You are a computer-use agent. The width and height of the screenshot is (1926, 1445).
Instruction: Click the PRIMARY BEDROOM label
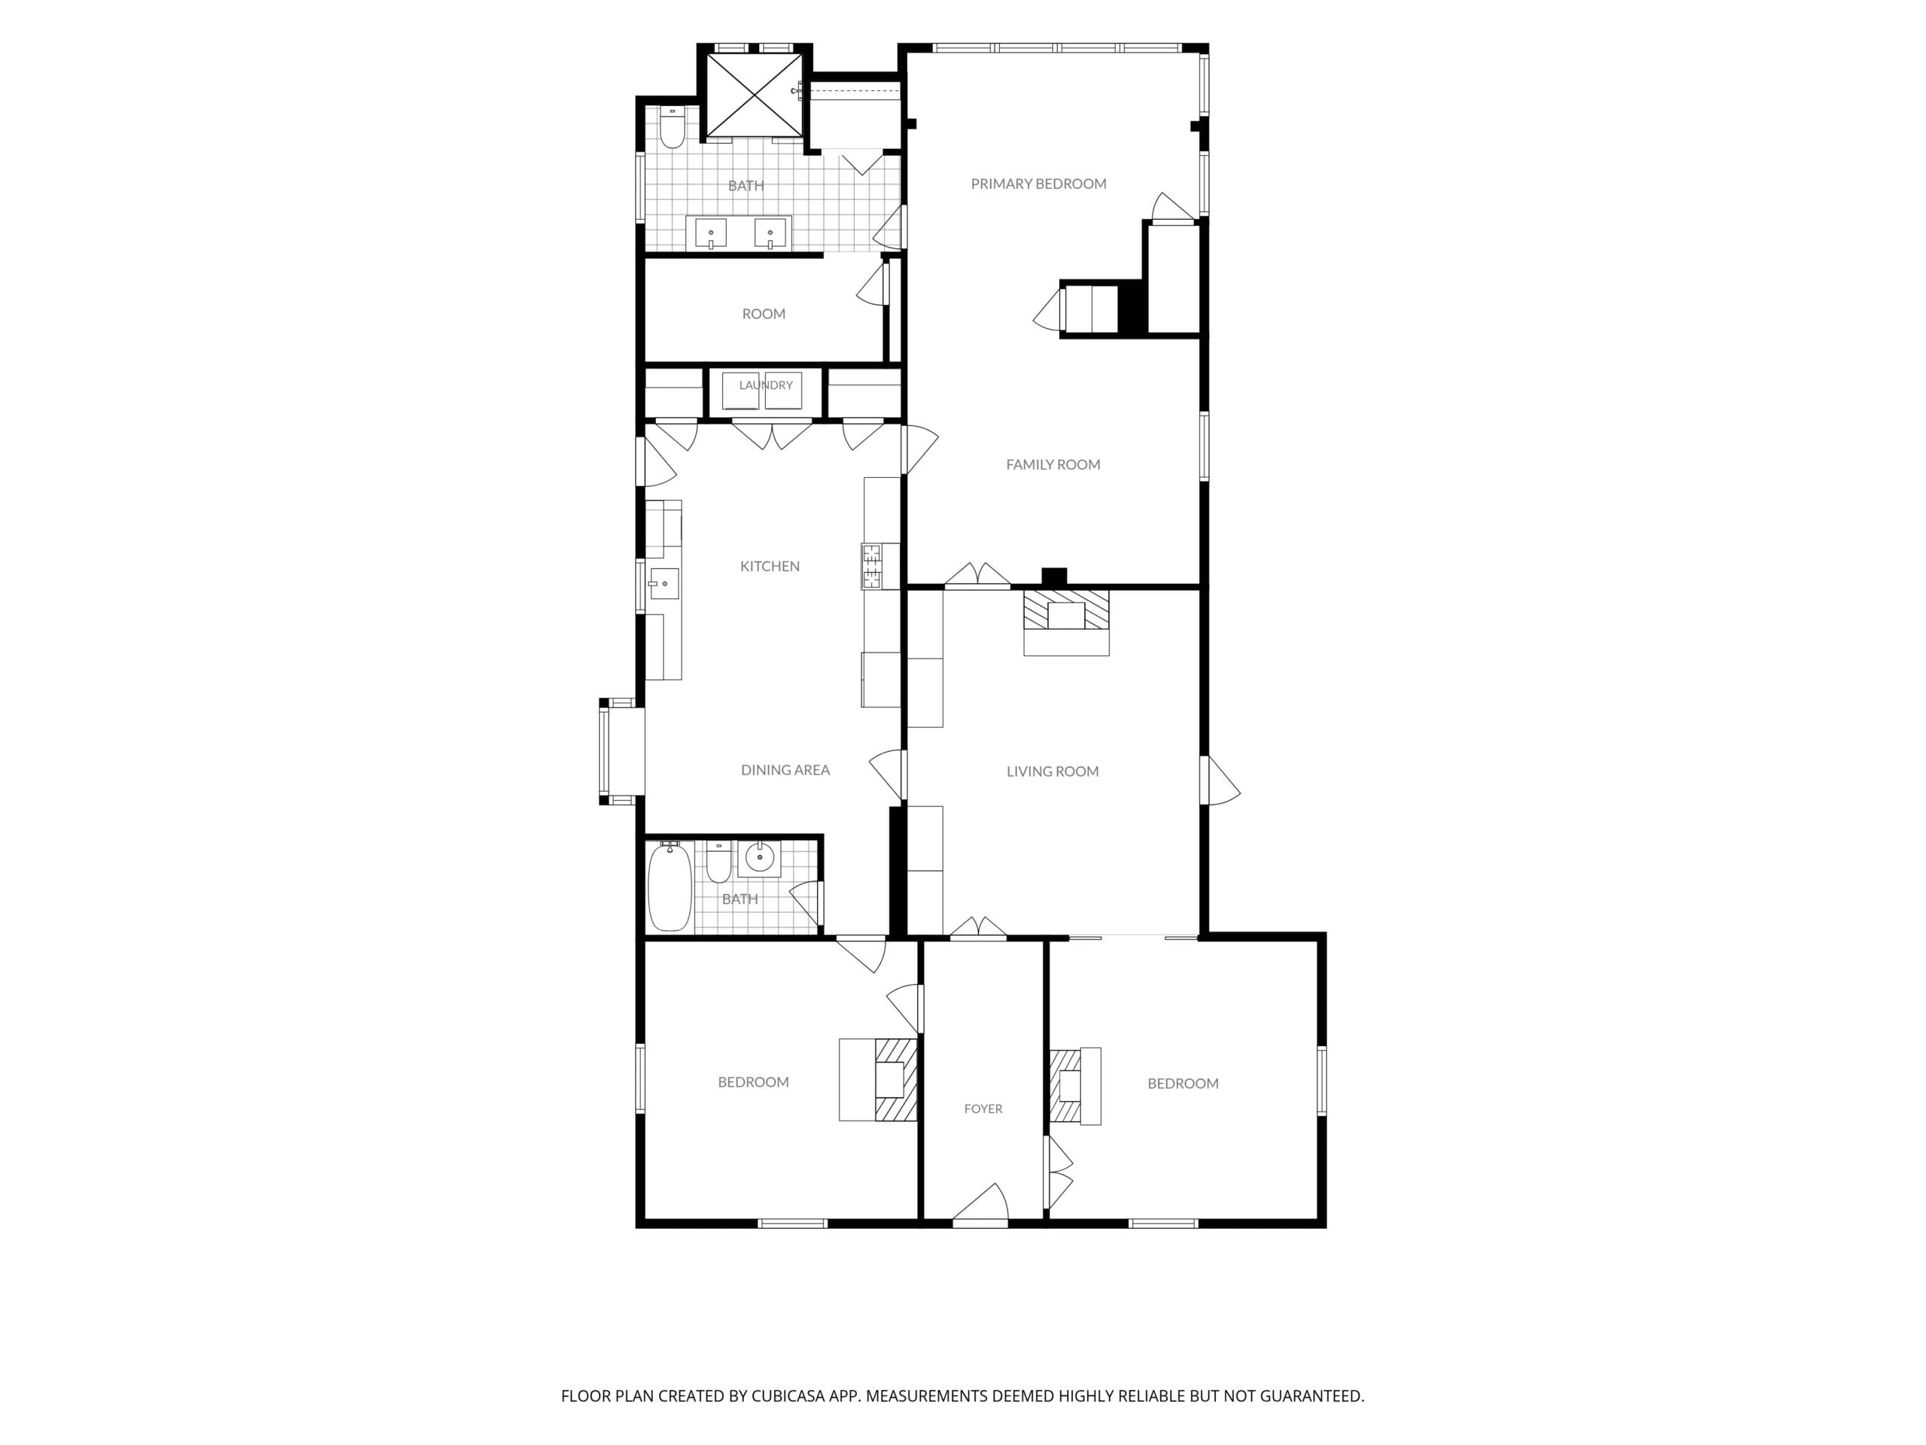click(1038, 184)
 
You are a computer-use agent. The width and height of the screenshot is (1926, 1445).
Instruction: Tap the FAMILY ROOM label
click(1053, 465)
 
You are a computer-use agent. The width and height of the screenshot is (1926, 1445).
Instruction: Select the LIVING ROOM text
click(1052, 771)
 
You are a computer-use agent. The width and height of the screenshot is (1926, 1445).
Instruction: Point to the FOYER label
click(983, 1109)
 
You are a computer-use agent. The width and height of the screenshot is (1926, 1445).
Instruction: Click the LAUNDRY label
click(765, 385)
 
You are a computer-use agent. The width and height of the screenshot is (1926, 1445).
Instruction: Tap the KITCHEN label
click(770, 566)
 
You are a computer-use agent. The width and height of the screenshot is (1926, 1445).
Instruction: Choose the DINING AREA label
click(785, 770)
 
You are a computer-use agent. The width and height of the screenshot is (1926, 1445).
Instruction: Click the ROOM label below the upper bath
click(764, 314)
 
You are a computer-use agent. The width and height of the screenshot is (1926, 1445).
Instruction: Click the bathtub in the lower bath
click(670, 886)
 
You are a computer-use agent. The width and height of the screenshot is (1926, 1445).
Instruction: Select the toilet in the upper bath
click(671, 128)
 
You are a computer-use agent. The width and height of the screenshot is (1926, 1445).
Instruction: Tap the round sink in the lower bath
click(759, 859)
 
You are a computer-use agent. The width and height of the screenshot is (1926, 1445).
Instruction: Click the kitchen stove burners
click(870, 566)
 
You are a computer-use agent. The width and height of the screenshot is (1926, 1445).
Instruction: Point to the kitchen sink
click(664, 583)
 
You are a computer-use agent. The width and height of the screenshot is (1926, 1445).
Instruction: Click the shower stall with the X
click(753, 95)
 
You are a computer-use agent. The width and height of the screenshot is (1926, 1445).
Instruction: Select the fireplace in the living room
click(1066, 622)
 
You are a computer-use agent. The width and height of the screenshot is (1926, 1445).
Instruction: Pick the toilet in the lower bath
click(718, 862)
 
